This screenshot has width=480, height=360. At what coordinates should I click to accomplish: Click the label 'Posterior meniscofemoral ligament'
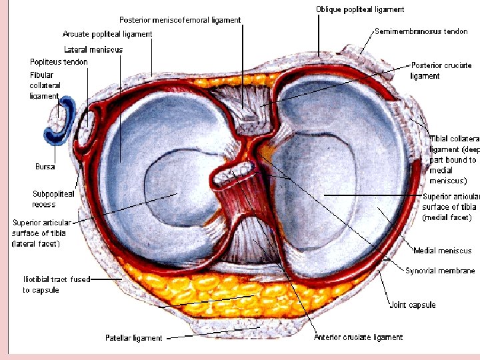(x=180, y=20)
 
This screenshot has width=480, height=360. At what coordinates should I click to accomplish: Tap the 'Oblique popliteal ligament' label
(x=360, y=9)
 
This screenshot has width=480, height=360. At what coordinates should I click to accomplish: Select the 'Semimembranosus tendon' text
(x=421, y=31)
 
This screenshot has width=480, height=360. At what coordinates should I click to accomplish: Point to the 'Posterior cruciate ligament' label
(x=441, y=71)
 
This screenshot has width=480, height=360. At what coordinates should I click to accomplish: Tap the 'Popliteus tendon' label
(x=59, y=62)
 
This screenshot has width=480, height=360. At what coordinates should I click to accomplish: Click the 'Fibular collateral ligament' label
(x=45, y=85)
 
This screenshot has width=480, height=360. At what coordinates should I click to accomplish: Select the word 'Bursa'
(x=45, y=166)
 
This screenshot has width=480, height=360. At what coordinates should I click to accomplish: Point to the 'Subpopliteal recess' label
(x=53, y=199)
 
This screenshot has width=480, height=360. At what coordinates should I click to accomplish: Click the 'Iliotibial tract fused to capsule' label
(x=56, y=285)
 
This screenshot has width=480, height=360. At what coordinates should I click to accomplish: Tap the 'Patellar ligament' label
(x=133, y=338)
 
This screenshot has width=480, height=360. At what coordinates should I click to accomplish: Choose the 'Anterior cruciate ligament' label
(x=358, y=337)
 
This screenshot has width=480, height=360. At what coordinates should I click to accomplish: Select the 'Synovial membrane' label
(x=440, y=271)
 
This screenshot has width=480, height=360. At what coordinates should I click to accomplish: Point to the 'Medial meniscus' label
(x=442, y=251)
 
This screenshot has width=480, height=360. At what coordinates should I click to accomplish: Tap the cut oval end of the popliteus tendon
(x=87, y=127)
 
